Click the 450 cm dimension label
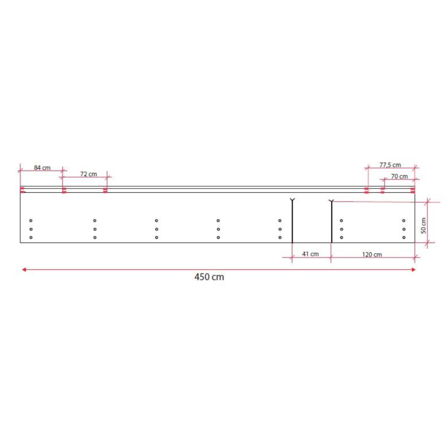209,277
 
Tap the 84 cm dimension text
42,168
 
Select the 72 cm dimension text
88,174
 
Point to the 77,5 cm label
390,165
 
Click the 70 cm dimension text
399,176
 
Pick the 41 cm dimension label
310,254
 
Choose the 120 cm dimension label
372,255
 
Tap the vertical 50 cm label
424,226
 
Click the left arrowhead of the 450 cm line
24,269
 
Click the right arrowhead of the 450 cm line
413,269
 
